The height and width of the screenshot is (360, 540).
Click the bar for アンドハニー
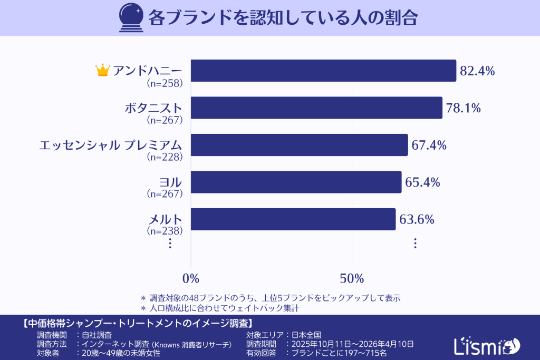coord(323,71)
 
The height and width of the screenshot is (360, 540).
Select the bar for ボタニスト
coord(316,108)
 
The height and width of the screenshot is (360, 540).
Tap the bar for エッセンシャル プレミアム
coord(299,145)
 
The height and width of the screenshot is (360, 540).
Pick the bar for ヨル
coord(296,182)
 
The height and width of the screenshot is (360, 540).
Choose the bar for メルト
coord(293,219)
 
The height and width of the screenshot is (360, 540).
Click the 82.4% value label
coord(477,71)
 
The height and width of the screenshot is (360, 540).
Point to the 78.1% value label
coord(463,109)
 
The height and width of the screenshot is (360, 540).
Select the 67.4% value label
coord(429,145)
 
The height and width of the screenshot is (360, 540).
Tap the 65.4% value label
coord(422,182)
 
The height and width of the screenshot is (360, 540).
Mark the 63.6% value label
coord(417,220)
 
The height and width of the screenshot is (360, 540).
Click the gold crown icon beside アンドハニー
coord(102,70)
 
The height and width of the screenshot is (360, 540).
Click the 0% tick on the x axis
coord(190,278)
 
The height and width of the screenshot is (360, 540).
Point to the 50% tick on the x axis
coord(352,278)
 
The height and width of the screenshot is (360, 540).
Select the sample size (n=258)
coord(164,83)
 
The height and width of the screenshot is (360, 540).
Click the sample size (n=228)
coord(164,157)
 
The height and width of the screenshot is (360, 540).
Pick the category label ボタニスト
coord(153,108)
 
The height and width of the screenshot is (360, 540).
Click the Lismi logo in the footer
coord(486,345)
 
